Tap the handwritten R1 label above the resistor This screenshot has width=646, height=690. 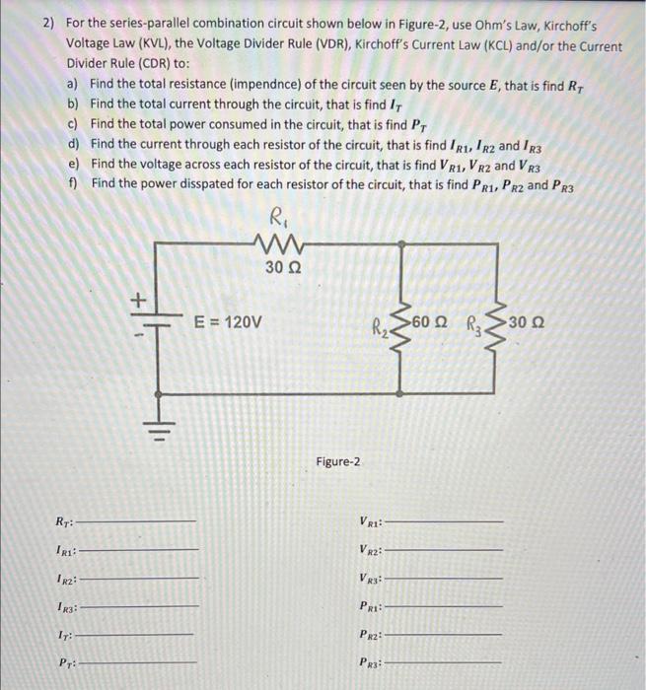(x=280, y=216)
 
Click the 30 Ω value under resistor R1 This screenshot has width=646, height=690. (x=283, y=267)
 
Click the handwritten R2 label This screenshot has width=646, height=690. (x=380, y=326)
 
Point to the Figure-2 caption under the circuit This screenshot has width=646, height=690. (x=339, y=461)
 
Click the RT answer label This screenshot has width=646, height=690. (x=64, y=521)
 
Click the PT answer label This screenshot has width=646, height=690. (x=65, y=662)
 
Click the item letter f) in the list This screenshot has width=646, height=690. (x=73, y=183)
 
